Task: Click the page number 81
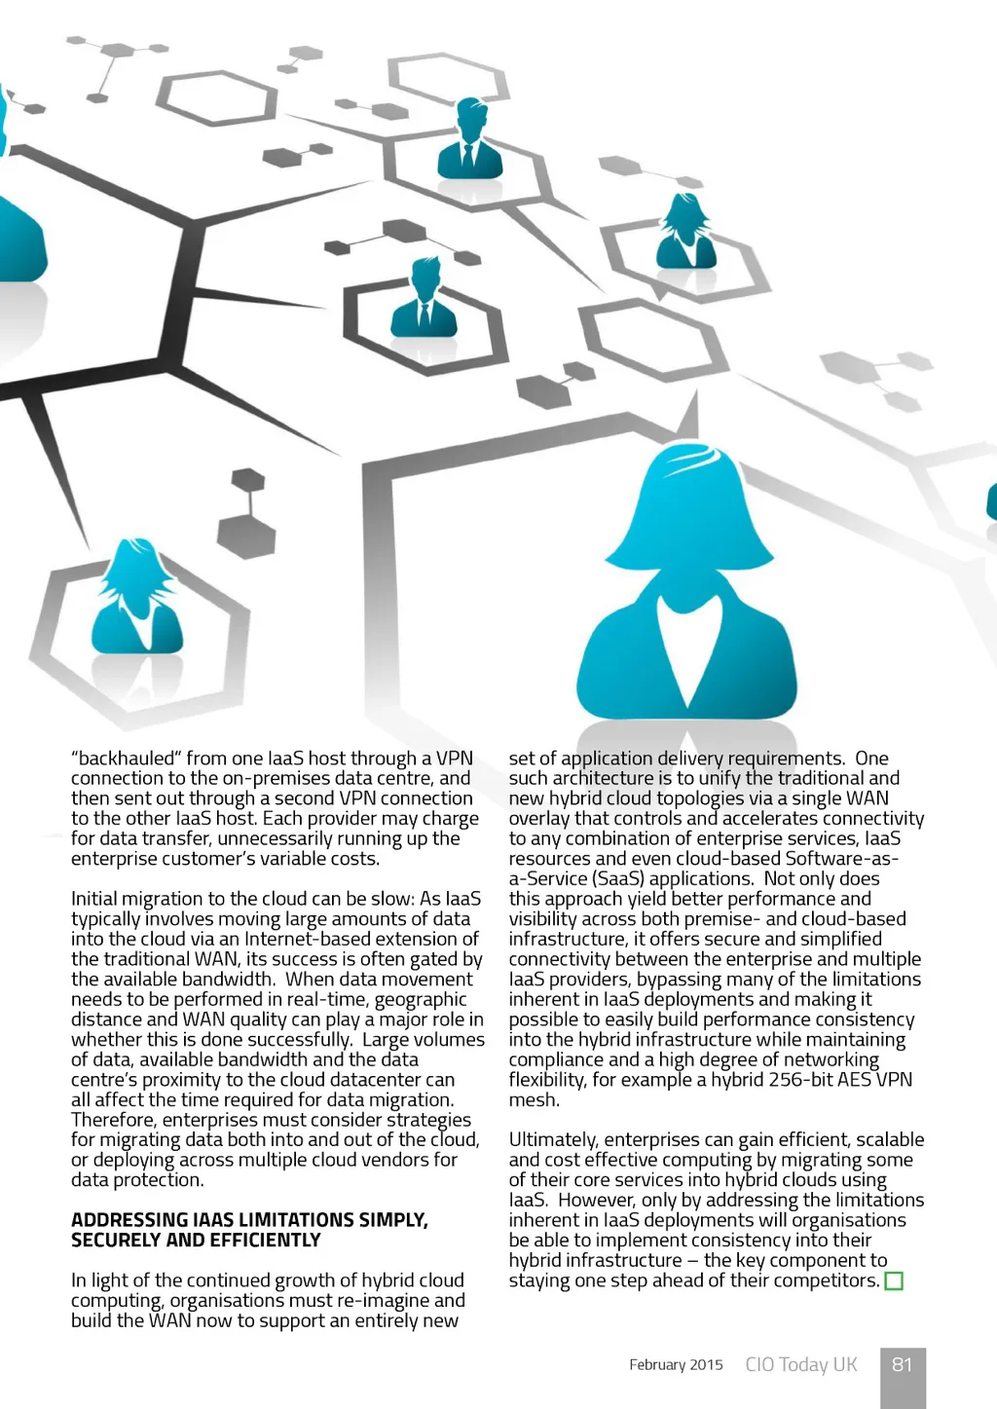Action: [903, 1364]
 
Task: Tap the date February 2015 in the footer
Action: [676, 1365]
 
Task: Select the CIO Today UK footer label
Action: [801, 1365]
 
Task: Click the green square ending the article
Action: [894, 1281]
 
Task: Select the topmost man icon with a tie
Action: [471, 140]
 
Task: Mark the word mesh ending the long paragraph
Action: [533, 1100]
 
